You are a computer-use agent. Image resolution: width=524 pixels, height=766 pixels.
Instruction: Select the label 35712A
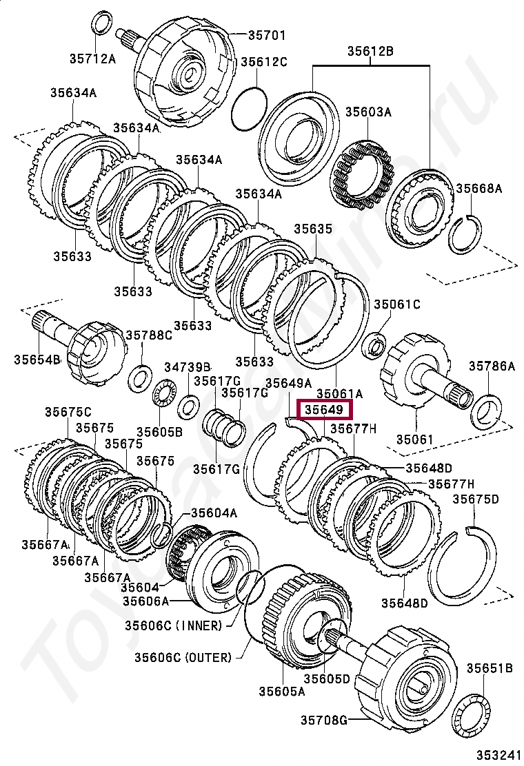[92, 59]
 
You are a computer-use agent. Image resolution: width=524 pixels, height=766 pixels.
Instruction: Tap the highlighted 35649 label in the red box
[324, 411]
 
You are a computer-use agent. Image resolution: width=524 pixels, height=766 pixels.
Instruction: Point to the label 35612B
[370, 50]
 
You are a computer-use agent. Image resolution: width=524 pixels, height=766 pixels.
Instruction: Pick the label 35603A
[367, 112]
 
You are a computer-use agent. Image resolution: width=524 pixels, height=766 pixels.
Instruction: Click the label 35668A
[478, 187]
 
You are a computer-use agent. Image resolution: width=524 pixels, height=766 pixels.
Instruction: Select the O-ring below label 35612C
[248, 108]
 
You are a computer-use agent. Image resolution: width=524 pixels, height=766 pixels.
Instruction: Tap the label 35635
[313, 229]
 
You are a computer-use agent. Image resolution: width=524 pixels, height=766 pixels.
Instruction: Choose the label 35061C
[397, 304]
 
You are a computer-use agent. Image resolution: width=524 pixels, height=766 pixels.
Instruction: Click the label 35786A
[492, 366]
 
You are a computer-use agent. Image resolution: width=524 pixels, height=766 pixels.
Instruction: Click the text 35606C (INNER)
[174, 625]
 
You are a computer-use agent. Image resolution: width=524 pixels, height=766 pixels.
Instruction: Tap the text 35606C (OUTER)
[178, 657]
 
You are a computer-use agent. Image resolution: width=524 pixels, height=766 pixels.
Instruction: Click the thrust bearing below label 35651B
[476, 717]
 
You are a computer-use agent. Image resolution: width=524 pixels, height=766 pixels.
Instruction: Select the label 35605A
[281, 691]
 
